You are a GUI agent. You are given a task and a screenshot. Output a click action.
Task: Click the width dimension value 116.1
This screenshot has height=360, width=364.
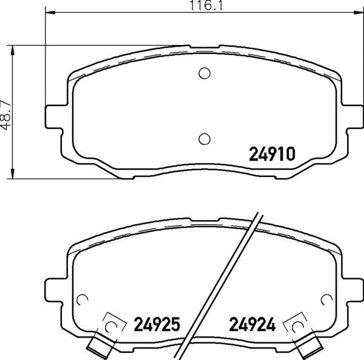(x=206, y=5)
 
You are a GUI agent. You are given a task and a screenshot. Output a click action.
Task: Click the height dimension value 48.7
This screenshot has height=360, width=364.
(x=6, y=115)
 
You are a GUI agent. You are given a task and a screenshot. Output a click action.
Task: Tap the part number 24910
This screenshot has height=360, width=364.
(x=272, y=154)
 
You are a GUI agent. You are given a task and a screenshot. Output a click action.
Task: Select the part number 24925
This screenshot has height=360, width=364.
(x=157, y=324)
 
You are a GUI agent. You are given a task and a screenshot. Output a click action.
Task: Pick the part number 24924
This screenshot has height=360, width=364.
(x=252, y=324)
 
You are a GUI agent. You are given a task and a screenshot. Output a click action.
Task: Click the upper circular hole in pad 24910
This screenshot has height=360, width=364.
(x=204, y=73)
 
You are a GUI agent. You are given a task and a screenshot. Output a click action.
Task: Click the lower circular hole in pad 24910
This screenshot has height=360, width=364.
(x=204, y=139)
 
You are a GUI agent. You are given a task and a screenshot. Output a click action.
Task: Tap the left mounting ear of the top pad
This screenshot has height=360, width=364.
(x=54, y=116)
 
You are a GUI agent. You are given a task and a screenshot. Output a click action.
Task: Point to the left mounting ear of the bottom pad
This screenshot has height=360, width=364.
(x=54, y=290)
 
